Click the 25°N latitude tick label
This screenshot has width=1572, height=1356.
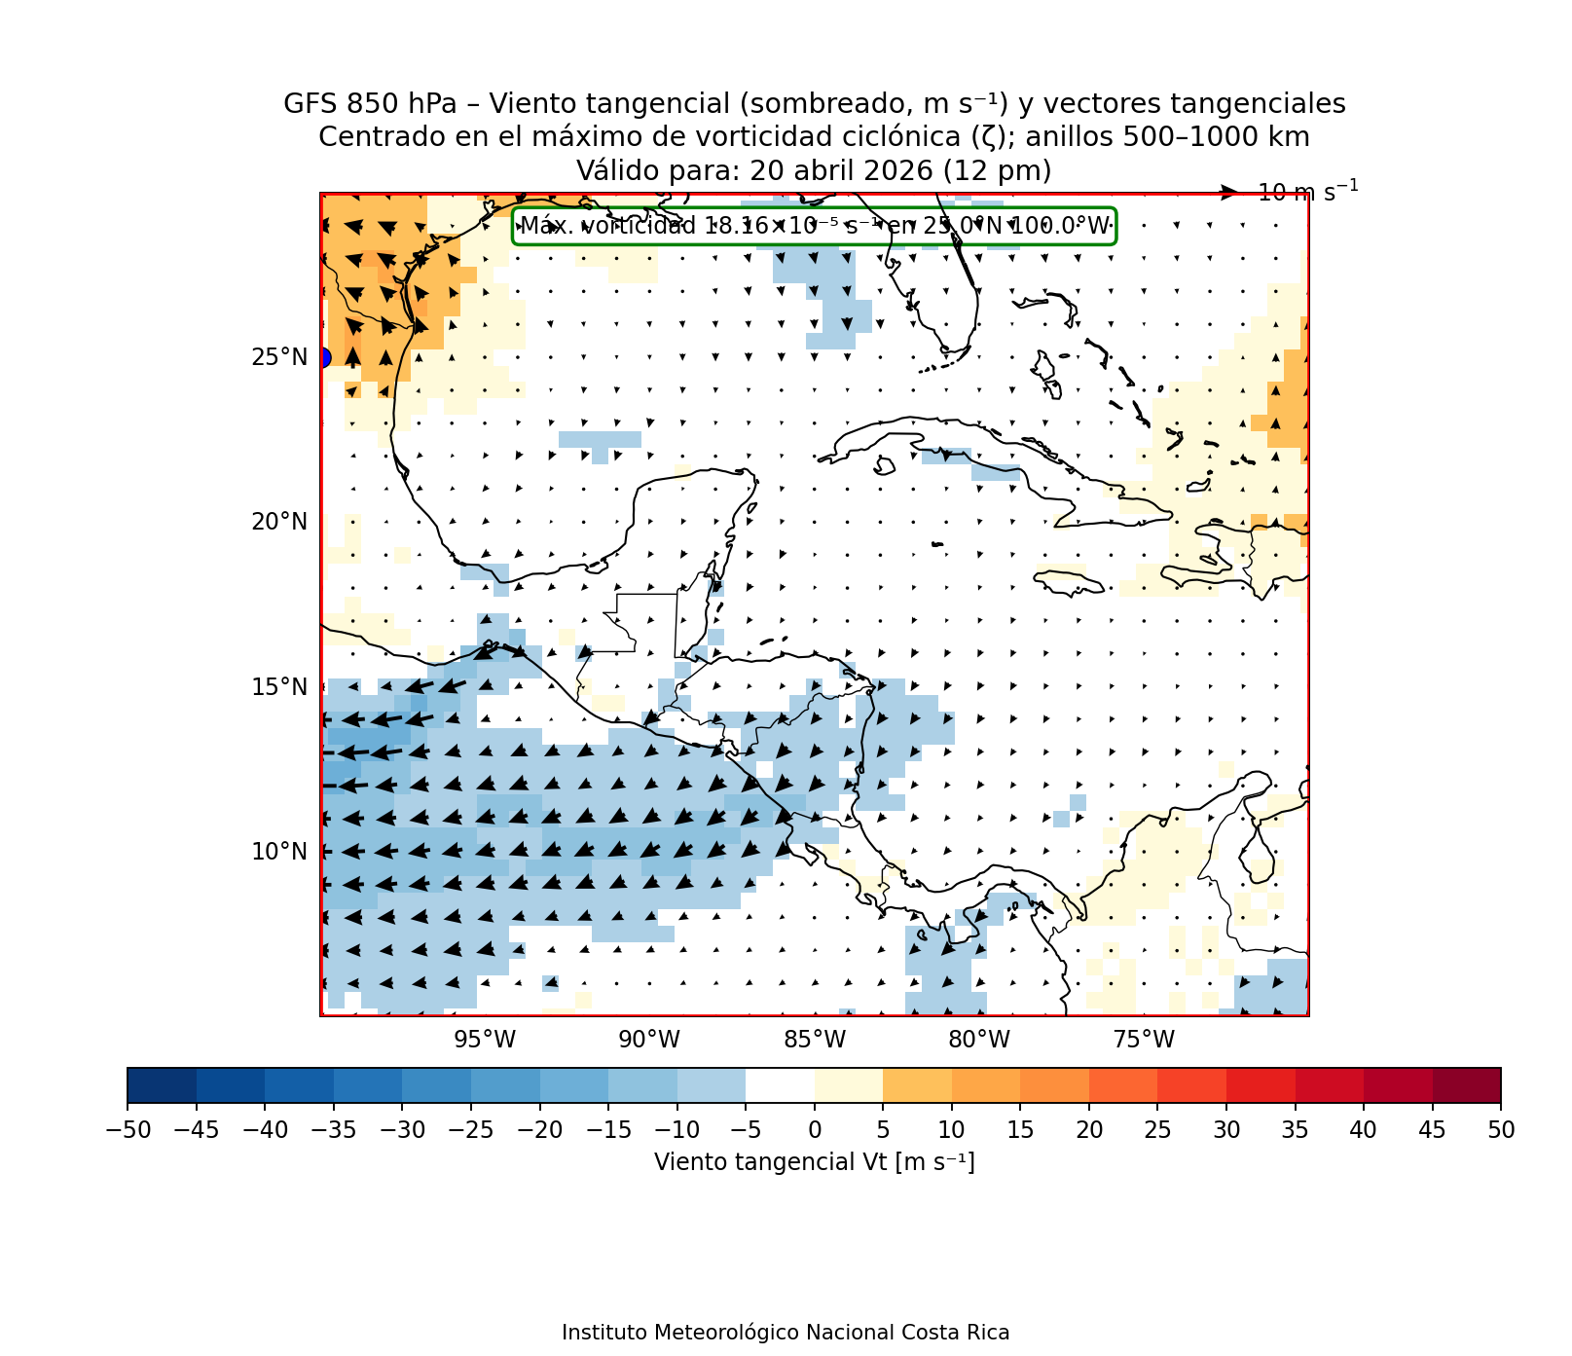coord(279,358)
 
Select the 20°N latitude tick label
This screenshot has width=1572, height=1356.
coord(279,523)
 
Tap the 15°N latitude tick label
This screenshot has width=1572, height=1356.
coord(279,687)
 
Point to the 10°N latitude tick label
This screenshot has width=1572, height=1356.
coord(279,852)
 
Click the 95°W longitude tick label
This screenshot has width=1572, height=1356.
coord(485,1040)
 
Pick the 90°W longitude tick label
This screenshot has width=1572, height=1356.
coord(649,1040)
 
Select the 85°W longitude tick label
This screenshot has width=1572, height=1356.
coord(815,1040)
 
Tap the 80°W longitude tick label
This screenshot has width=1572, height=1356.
coord(979,1040)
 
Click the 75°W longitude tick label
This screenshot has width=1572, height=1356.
coord(1144,1040)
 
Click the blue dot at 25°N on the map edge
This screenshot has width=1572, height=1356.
coord(323,358)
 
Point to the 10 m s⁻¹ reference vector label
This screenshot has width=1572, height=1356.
coord(1307,192)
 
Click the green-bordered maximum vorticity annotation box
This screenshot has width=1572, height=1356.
coord(814,226)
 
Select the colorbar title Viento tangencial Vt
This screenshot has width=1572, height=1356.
coord(814,1162)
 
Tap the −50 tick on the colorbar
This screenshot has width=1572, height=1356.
coord(127,1130)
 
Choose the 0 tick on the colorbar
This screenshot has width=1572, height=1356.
coord(815,1130)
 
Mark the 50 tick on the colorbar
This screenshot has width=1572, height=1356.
coord(1501,1130)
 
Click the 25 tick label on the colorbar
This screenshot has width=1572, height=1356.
coord(1157,1130)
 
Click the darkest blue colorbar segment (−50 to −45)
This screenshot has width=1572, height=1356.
coord(162,1085)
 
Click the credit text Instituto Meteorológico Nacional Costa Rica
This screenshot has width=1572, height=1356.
coord(786,1333)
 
